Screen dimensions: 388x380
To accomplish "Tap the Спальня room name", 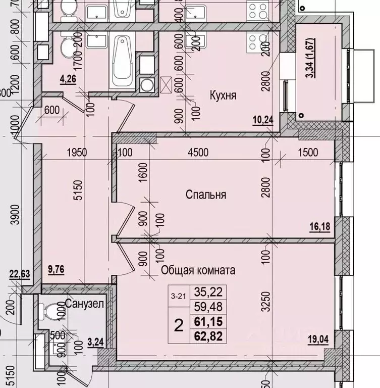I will pos(205,195).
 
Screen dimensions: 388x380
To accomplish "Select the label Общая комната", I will pos(198,270).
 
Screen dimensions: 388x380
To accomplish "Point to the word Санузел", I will pos(84,304).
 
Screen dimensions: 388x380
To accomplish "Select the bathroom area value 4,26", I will pos(68,79).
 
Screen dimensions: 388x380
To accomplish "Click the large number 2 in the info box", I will pos(178,325).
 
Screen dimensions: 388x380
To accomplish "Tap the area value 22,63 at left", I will pos(19,274).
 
